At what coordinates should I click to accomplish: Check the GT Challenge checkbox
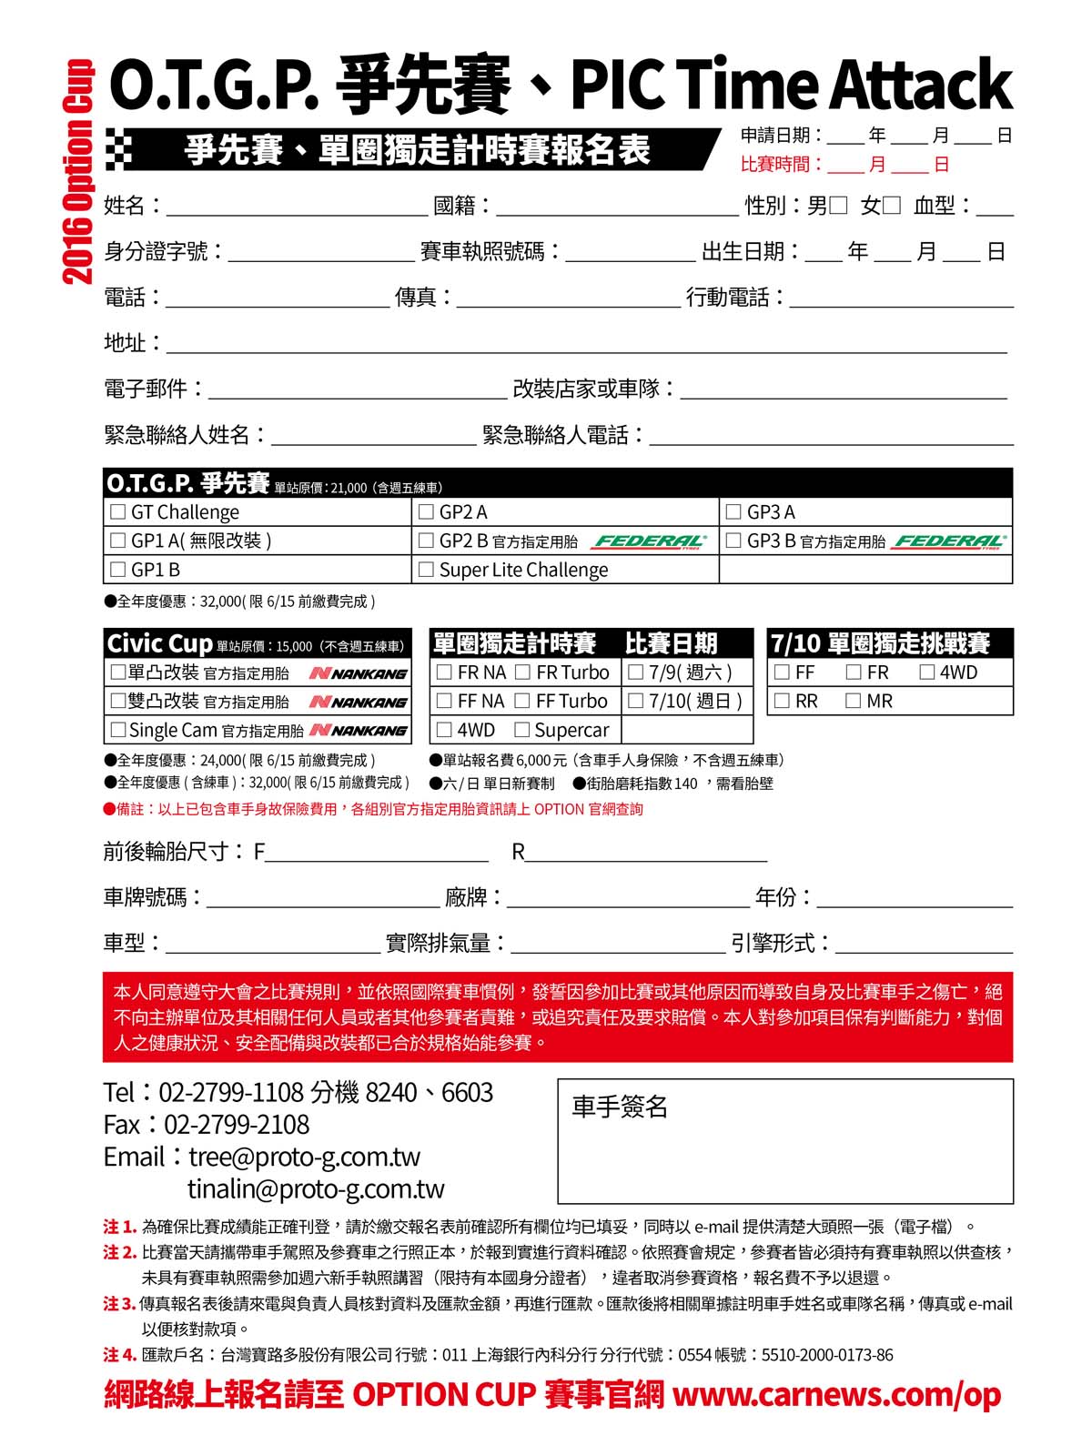[x=117, y=512]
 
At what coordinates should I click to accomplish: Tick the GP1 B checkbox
[x=117, y=570]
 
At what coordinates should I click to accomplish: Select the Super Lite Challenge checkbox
[x=426, y=570]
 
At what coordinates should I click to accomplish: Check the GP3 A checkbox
[x=733, y=512]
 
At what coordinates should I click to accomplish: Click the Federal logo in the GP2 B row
[x=650, y=541]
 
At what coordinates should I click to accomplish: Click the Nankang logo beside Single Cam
[x=359, y=730]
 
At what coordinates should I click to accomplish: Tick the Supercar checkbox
[x=522, y=730]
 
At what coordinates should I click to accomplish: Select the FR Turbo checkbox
[x=523, y=672]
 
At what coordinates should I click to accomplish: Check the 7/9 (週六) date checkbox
[x=636, y=672]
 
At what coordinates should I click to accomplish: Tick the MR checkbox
[x=853, y=701]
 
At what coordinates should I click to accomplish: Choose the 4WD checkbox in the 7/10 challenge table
[x=927, y=672]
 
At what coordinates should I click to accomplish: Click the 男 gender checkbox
[x=838, y=206]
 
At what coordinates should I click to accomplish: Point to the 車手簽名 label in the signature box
[x=620, y=1107]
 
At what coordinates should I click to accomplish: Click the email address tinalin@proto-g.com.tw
[x=316, y=1188]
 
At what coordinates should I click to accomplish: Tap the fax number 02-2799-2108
[x=237, y=1125]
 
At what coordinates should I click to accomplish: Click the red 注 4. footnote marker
[x=119, y=1355]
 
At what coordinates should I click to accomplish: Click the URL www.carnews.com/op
[x=836, y=1394]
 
